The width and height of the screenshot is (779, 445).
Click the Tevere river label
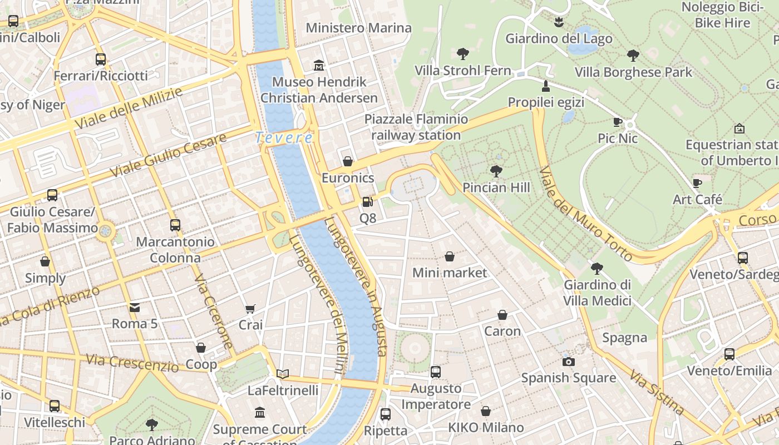coord(284,137)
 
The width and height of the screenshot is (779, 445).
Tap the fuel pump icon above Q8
coord(367,202)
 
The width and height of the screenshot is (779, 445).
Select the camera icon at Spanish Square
coord(568,362)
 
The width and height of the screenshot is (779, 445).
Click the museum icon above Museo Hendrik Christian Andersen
coord(319,66)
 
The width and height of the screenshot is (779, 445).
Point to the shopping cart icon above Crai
coord(250,309)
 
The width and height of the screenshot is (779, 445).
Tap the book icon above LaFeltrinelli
coord(283,374)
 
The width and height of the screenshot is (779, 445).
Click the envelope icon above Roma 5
coord(134,308)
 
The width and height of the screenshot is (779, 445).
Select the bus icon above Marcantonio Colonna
coord(175,225)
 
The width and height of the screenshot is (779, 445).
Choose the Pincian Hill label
coord(496,187)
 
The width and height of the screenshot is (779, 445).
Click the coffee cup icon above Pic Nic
coord(617,122)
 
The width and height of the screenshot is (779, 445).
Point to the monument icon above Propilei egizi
coord(546,86)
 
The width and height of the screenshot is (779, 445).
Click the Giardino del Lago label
coord(559,38)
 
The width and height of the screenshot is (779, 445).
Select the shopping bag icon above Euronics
coord(348,161)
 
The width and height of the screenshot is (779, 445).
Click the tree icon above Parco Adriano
coord(151,424)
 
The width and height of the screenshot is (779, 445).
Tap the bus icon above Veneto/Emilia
coord(729,354)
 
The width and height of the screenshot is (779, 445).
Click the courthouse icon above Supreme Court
coord(260,413)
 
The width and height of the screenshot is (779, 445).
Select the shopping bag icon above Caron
coord(502,315)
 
